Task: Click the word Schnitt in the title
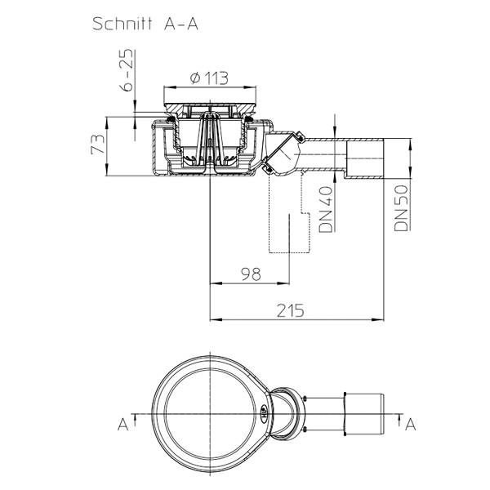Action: [122, 24]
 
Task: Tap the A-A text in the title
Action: [181, 24]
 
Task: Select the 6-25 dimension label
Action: [127, 70]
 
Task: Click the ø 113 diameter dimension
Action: [209, 78]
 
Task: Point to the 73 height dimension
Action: [98, 144]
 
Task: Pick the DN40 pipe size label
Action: [325, 209]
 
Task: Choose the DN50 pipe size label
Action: [401, 208]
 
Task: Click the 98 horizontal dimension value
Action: [251, 274]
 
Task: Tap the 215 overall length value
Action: [290, 310]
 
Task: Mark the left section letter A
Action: [123, 425]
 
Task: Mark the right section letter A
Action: [410, 425]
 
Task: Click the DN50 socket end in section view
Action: [365, 158]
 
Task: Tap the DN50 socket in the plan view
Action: [364, 414]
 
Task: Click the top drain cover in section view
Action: [210, 108]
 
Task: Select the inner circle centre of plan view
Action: [210, 414]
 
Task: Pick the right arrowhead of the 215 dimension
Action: [380, 319]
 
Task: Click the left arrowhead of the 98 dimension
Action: [215, 283]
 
